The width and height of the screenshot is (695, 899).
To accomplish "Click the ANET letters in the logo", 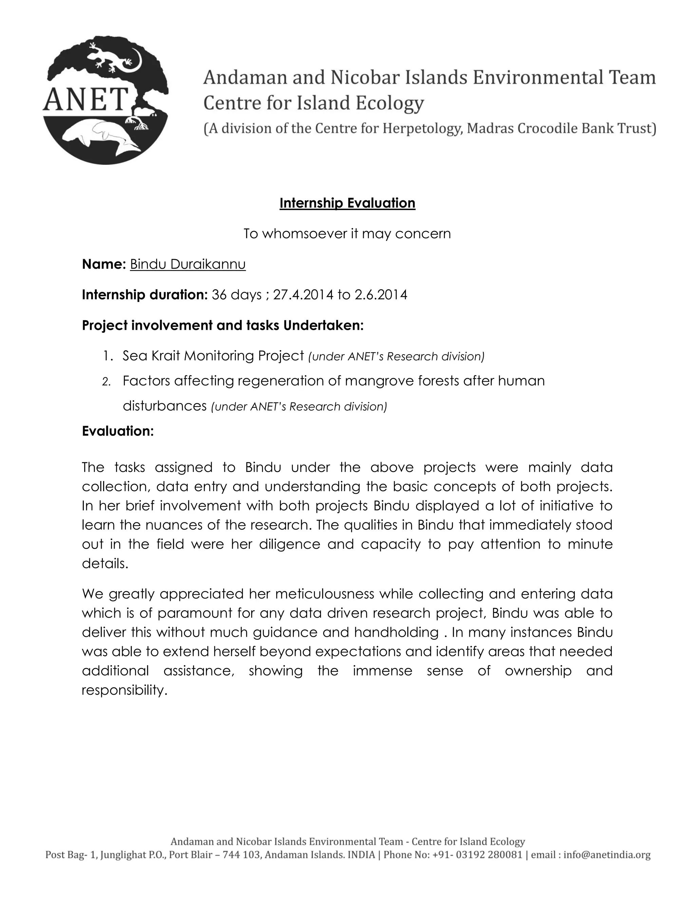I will (86, 100).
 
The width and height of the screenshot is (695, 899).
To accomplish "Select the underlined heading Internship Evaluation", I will (347, 203).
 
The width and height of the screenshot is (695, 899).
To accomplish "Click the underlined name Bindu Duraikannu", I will (188, 264).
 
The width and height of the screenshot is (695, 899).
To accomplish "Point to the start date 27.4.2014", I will (303, 295).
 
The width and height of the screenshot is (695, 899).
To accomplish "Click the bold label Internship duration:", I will (145, 295).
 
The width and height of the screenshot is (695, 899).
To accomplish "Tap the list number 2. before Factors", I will (106, 382).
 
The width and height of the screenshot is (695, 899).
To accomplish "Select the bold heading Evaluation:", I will (118, 431).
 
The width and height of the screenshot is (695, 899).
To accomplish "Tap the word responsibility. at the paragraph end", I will (124, 690).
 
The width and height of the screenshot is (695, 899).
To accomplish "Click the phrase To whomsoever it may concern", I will (347, 234).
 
